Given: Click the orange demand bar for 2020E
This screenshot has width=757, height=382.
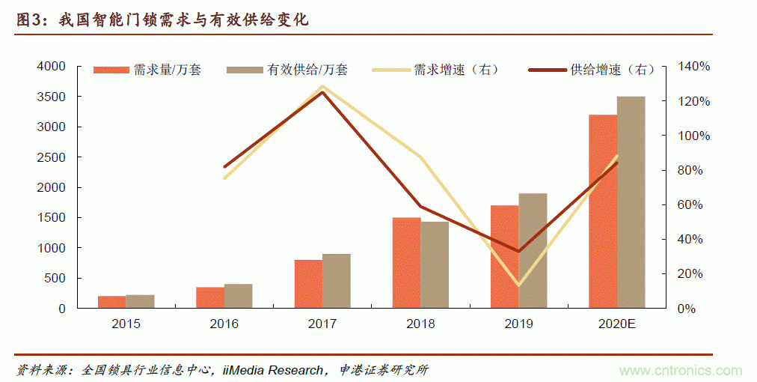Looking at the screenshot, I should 603,211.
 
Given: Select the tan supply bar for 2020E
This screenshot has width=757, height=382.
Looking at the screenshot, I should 631,202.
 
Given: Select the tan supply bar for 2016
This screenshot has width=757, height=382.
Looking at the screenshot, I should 239,296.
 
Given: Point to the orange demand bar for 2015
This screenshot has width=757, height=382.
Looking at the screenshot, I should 112,302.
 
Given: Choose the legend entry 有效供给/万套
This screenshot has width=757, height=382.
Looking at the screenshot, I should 307,70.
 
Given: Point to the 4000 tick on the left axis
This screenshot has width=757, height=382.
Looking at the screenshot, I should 51,67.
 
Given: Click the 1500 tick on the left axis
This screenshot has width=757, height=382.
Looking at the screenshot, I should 51,218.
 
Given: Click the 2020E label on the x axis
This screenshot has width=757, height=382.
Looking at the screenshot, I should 616,324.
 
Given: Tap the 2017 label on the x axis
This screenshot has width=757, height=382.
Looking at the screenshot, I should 322,324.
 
